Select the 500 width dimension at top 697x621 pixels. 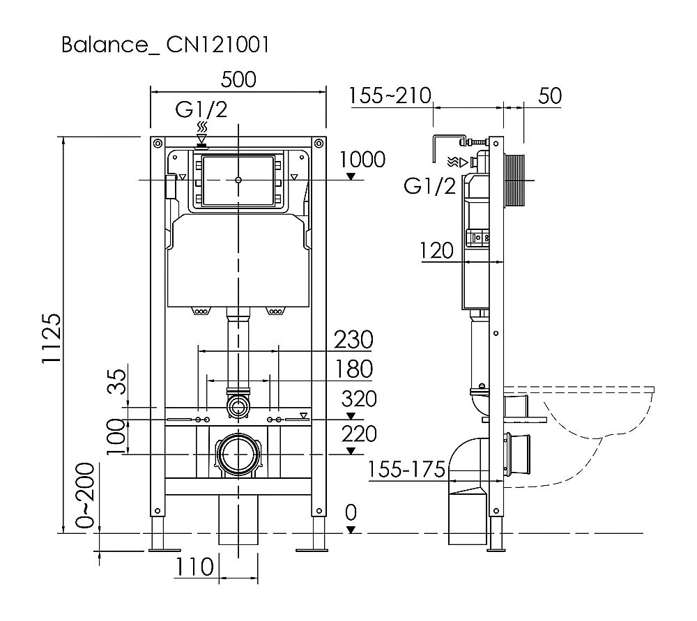tap(238, 79)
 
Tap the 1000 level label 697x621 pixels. tap(362, 160)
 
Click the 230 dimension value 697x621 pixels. tap(353, 340)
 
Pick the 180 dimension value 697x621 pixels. tap(353, 369)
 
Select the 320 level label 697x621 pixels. tap(359, 399)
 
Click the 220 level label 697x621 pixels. tap(359, 434)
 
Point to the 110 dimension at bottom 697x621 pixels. tap(195, 567)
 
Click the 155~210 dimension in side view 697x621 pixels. tap(390, 95)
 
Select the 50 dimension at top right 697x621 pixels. tap(550, 95)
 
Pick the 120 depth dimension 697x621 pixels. tap(436, 250)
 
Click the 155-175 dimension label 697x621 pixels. tap(406, 470)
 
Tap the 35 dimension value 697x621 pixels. tap(119, 382)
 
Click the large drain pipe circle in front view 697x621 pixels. tap(239, 454)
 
